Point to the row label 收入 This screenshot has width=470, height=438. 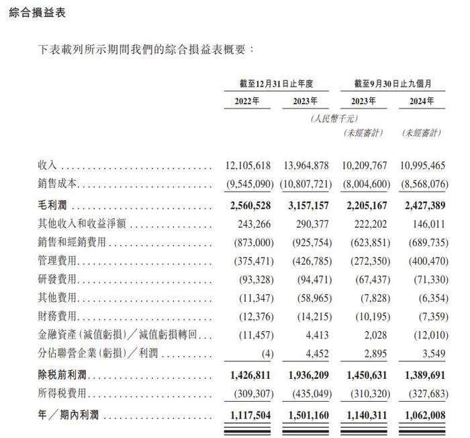coord(50,165)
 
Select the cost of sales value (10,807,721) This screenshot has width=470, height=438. coord(301,183)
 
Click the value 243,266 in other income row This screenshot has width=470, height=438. coord(251,222)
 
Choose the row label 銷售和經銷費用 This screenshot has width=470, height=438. coord(73,241)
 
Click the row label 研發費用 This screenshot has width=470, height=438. coord(59,278)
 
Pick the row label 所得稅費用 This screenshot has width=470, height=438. coord(64,392)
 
